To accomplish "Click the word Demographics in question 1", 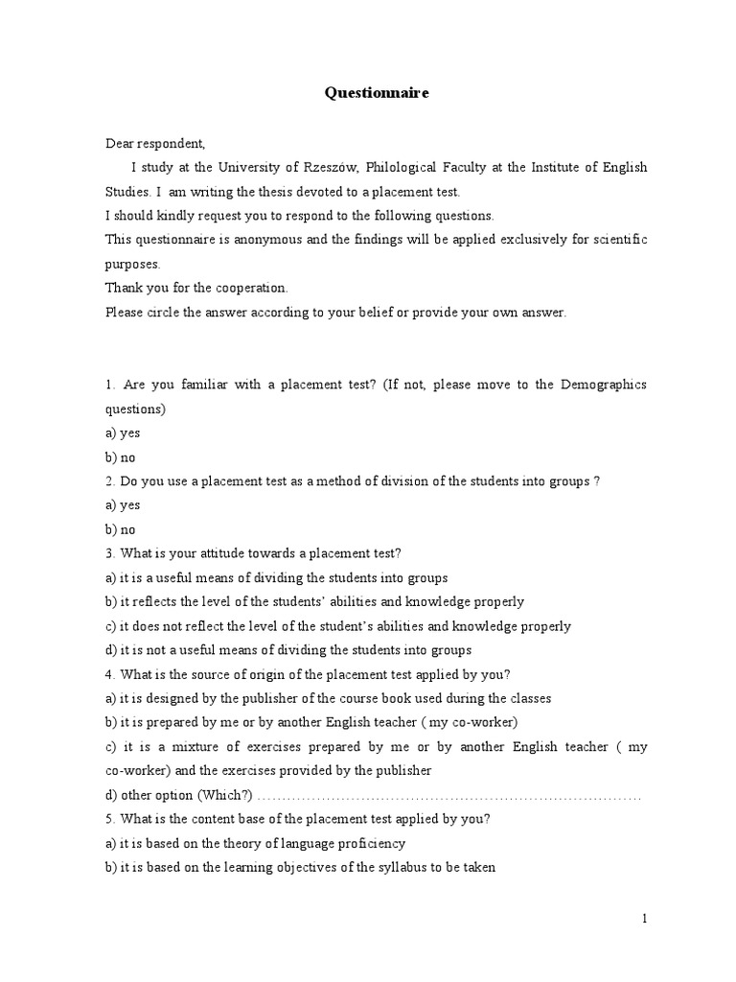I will point(609,385).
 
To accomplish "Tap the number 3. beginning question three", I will point(110,553).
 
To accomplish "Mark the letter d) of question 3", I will point(111,650).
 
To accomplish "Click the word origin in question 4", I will point(254,674).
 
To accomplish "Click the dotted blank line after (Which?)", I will point(450,796).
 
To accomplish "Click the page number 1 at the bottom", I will point(645,919).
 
